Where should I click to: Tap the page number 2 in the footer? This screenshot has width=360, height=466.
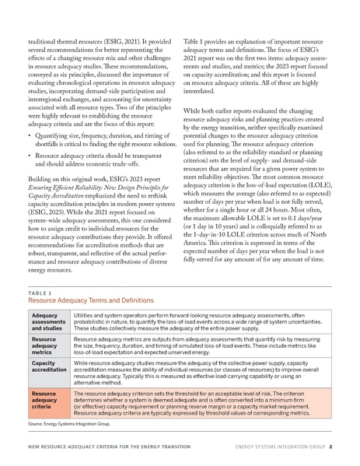coord(330,447)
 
